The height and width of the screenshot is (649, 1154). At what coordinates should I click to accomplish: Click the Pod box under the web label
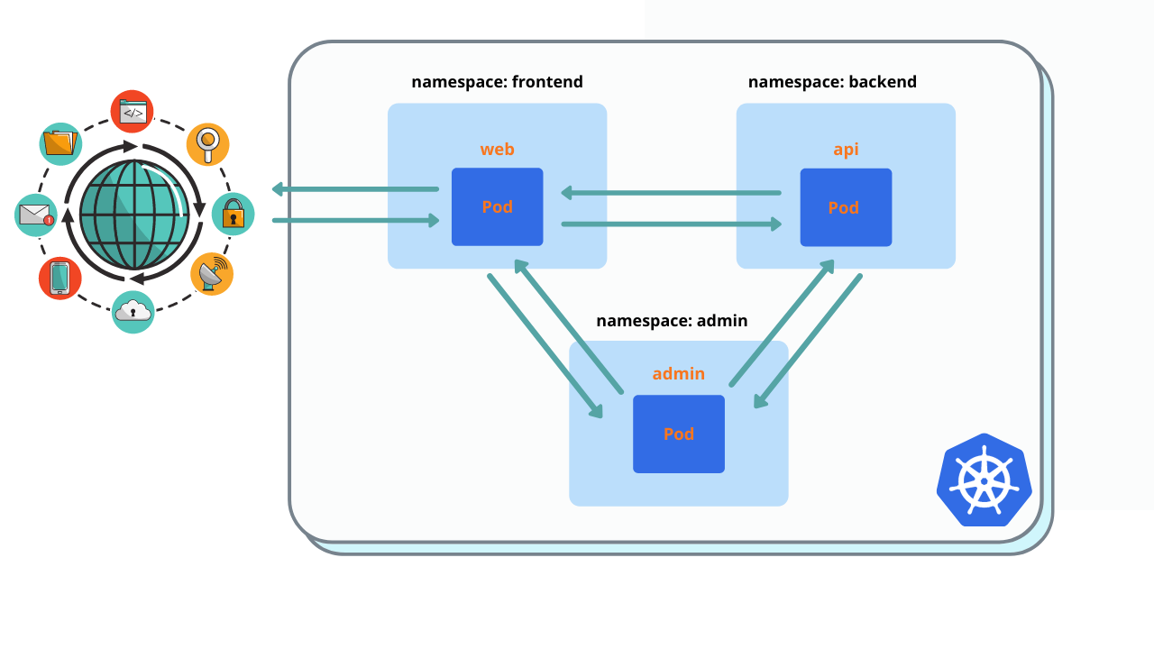click(x=497, y=206)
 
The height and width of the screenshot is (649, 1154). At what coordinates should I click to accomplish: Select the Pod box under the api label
click(x=846, y=207)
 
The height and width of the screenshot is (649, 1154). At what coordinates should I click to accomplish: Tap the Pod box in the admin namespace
click(x=678, y=434)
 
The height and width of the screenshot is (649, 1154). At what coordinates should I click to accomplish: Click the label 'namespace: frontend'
click(x=497, y=82)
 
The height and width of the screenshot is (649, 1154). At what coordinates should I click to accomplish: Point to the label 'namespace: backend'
click(x=832, y=82)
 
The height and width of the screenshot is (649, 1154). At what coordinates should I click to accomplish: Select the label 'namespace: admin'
click(x=672, y=321)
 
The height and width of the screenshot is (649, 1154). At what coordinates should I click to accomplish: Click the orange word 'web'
click(x=497, y=150)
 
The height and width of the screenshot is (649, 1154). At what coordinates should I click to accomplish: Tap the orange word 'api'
click(x=846, y=150)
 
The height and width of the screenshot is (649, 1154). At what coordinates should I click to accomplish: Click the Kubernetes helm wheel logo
click(x=984, y=480)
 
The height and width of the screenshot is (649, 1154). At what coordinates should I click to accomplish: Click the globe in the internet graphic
click(x=134, y=215)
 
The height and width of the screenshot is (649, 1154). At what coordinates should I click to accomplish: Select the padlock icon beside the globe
click(x=233, y=215)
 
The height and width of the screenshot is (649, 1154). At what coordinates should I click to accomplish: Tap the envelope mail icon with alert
click(x=36, y=215)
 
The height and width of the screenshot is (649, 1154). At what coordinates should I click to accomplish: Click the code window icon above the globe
click(x=133, y=112)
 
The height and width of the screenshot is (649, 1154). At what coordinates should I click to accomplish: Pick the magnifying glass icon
click(x=208, y=144)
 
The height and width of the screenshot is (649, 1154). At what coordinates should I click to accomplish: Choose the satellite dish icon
click(x=212, y=274)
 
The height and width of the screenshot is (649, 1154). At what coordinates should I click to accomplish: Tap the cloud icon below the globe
click(x=133, y=312)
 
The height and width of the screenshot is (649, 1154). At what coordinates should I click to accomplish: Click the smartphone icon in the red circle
click(x=60, y=278)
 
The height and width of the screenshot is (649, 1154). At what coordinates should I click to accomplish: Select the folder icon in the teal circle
click(x=60, y=143)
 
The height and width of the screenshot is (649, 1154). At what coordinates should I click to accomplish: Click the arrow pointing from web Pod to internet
click(x=355, y=189)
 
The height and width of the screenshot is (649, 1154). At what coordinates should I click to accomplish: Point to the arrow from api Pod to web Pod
click(x=671, y=192)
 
